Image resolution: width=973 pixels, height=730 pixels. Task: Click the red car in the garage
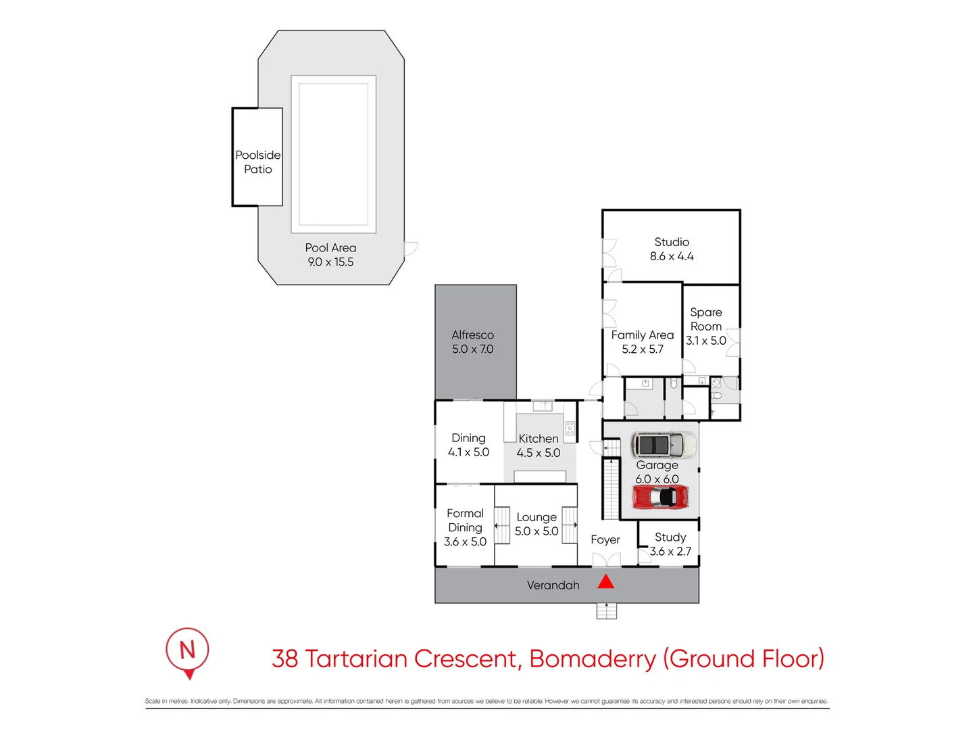point(660,497)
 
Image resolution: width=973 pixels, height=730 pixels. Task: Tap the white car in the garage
point(664,445)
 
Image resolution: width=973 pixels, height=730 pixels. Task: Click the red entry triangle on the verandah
point(605,581)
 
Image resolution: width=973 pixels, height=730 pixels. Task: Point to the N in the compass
point(187,650)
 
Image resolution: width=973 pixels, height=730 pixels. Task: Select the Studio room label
point(672,242)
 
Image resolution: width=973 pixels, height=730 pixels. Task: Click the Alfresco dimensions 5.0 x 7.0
point(472,349)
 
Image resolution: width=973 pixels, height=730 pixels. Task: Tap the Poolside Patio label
point(258,162)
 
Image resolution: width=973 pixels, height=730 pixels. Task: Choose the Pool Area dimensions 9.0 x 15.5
point(330,262)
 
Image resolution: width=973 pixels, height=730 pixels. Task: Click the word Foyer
point(605,540)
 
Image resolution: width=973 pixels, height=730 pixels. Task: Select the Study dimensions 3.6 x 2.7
point(670,552)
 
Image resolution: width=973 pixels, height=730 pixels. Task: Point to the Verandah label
point(553,585)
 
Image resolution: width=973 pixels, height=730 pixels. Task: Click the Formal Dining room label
point(465,520)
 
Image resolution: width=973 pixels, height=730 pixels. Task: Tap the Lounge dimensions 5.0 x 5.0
point(537,531)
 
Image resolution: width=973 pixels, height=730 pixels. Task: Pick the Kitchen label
point(538,439)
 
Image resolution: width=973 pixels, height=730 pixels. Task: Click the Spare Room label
point(705,319)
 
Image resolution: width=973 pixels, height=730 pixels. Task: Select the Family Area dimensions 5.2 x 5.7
point(643,349)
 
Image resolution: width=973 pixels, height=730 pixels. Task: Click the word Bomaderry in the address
point(593,658)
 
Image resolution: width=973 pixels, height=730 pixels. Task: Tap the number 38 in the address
point(284,658)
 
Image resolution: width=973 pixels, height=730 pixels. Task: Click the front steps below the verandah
point(606,611)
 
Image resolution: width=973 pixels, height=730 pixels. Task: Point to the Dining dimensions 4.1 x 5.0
point(468,453)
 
